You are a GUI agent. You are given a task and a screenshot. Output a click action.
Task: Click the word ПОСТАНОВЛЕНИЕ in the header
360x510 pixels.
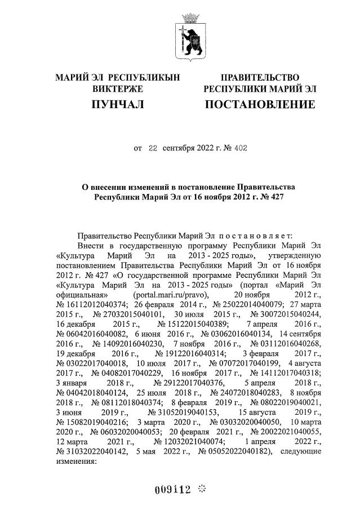(260, 104)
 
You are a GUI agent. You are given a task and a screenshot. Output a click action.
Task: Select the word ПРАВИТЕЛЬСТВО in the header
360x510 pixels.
(260, 77)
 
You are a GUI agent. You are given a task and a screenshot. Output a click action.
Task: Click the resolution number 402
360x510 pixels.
(239, 149)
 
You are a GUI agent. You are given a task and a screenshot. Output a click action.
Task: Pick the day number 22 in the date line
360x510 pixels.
(153, 149)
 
